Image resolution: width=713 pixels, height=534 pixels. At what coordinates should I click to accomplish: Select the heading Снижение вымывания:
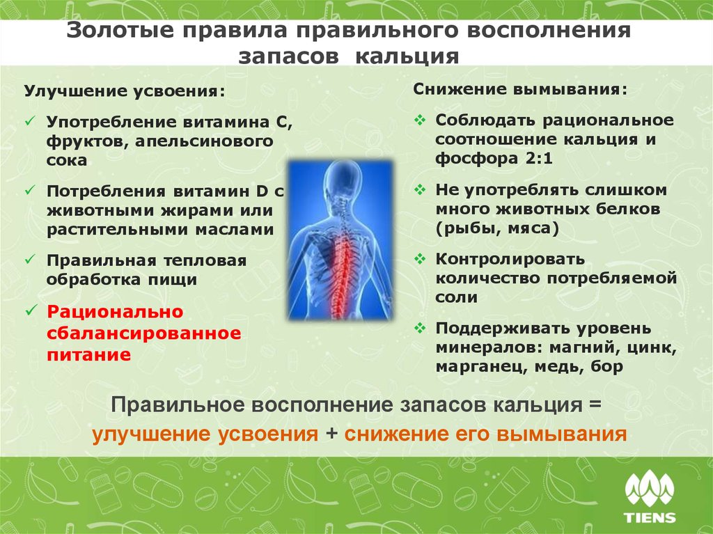click(519, 91)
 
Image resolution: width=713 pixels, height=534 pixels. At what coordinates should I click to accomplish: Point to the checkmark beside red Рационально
click(29, 311)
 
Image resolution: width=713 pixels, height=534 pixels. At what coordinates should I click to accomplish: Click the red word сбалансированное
click(144, 333)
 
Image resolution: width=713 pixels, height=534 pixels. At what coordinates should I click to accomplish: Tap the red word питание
click(89, 354)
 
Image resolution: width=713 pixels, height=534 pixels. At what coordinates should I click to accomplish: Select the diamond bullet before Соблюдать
click(419, 120)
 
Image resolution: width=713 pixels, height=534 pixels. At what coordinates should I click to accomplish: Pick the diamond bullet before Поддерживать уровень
click(419, 327)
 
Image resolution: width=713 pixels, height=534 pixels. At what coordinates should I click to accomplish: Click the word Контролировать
click(510, 259)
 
